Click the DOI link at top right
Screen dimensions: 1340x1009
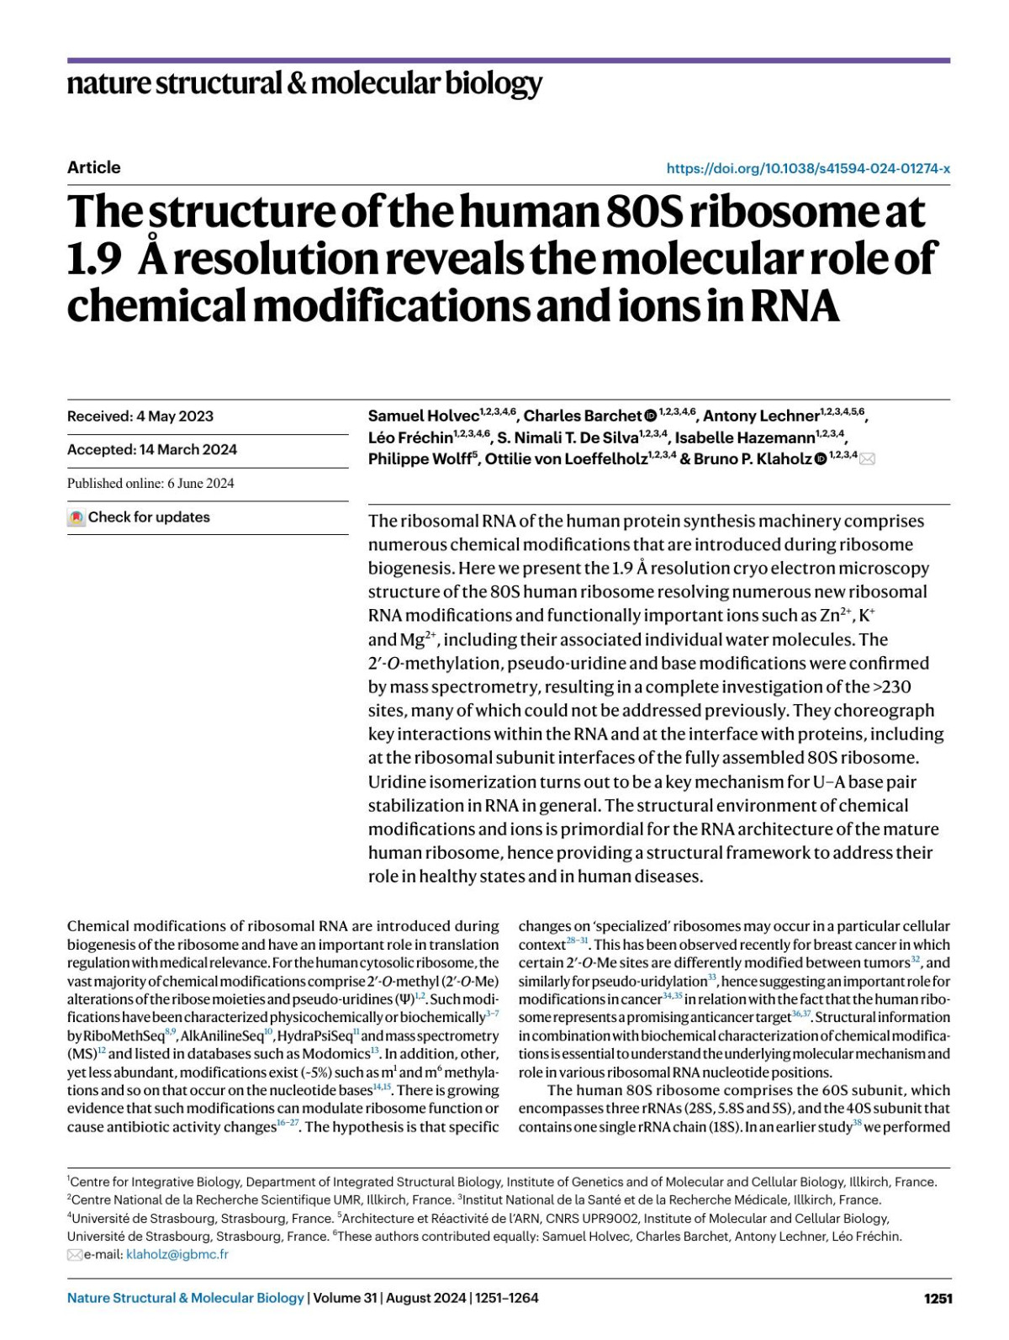[x=808, y=168]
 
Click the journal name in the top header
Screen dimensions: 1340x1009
[x=304, y=83]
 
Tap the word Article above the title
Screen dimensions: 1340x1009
[x=93, y=167]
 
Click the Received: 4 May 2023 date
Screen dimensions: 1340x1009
[x=140, y=416]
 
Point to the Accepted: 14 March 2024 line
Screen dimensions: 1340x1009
[x=152, y=449]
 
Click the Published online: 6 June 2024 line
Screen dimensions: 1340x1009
[x=151, y=483]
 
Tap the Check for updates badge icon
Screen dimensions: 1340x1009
[x=77, y=517]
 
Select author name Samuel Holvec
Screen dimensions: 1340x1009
[x=423, y=416]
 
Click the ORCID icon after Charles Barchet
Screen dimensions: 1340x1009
[x=650, y=416]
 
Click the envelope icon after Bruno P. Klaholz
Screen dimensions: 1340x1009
[x=867, y=458]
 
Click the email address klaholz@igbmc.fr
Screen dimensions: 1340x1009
[x=177, y=1254]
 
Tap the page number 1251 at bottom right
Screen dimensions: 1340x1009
[x=938, y=1298]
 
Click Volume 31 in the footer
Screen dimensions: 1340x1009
[x=345, y=1298]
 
